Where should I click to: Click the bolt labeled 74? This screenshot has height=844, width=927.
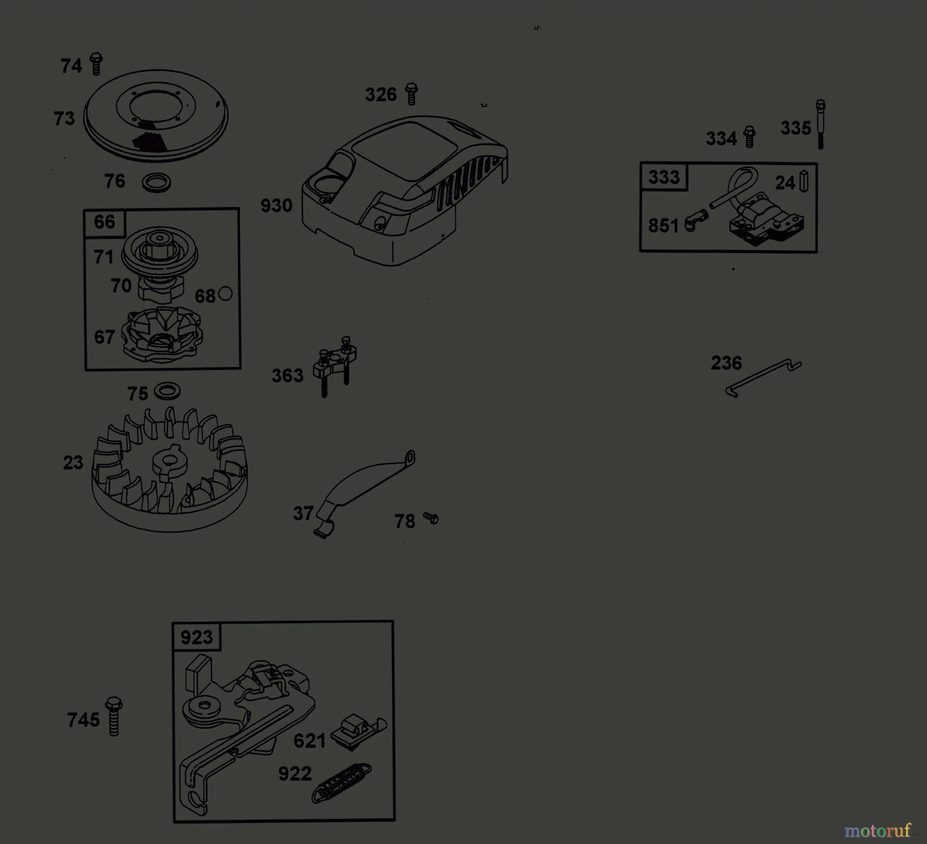coord(96,64)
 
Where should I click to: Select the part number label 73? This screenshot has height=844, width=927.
coord(64,119)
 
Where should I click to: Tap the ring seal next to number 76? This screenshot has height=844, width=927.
coord(156,182)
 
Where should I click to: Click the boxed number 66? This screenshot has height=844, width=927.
coord(105,222)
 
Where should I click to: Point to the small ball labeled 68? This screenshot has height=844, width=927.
coord(226,294)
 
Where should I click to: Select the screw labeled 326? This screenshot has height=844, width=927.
coord(411,94)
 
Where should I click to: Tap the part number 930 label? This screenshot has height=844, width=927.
coord(277,206)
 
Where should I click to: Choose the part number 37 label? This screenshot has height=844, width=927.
coord(303,513)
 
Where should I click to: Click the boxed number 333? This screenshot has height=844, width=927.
coord(664,177)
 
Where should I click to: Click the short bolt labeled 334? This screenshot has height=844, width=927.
coord(750,136)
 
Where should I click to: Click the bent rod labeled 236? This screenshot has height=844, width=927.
coord(763,377)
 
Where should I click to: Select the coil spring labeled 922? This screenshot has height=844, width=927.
coord(341,782)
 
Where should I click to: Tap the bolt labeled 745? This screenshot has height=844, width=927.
coord(114,716)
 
